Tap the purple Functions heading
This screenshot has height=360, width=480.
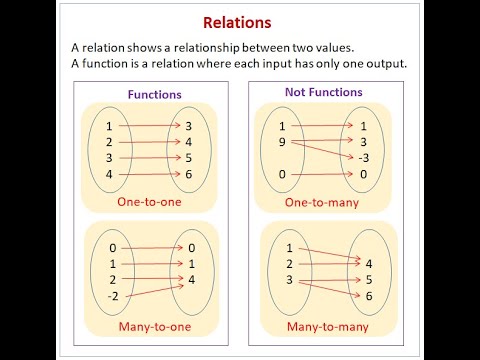click(x=154, y=94)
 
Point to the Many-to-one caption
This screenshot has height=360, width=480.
click(x=153, y=325)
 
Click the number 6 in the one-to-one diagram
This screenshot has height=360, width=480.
click(x=189, y=174)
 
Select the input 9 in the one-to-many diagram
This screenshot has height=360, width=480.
click(x=283, y=142)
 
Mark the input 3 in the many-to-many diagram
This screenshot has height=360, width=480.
click(x=289, y=281)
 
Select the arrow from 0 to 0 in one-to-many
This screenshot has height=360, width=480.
click(x=320, y=174)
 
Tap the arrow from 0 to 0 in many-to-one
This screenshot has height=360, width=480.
click(x=150, y=247)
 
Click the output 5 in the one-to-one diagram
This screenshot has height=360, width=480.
click(x=189, y=158)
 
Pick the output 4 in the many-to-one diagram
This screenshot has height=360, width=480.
click(x=189, y=280)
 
